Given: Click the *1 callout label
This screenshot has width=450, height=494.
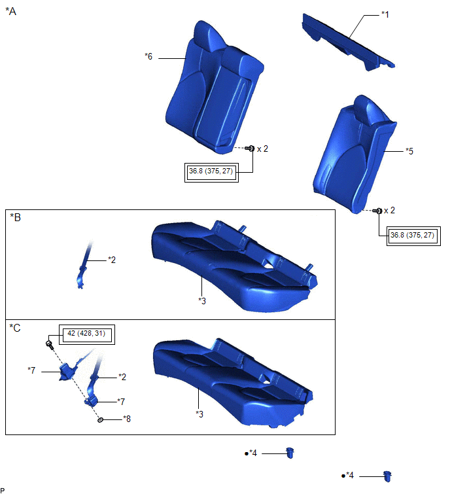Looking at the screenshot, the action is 385,14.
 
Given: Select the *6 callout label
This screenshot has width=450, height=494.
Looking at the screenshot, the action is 148,56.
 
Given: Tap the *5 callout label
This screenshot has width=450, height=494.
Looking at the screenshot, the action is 409,151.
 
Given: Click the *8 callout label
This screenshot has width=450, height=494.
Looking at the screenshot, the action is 127,419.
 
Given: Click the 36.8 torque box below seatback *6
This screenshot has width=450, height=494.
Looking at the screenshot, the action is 211,172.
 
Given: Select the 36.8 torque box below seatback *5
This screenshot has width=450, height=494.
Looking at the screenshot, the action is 413,236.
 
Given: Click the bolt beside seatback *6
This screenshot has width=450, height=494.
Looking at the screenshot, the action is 250,148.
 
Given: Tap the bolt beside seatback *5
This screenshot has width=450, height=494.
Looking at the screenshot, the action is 377,211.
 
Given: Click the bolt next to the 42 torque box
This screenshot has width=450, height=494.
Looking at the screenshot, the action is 50,344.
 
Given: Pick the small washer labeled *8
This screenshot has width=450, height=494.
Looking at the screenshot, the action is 100,420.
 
